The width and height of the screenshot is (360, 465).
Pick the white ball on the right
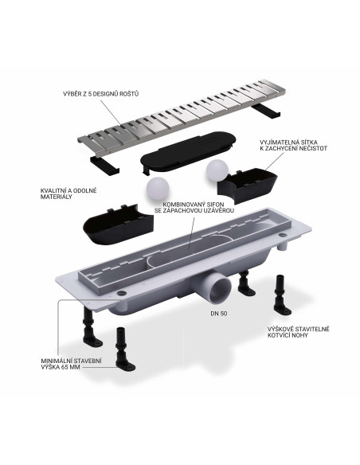pos(216,170)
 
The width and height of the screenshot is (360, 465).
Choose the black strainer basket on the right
pos(248,182)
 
